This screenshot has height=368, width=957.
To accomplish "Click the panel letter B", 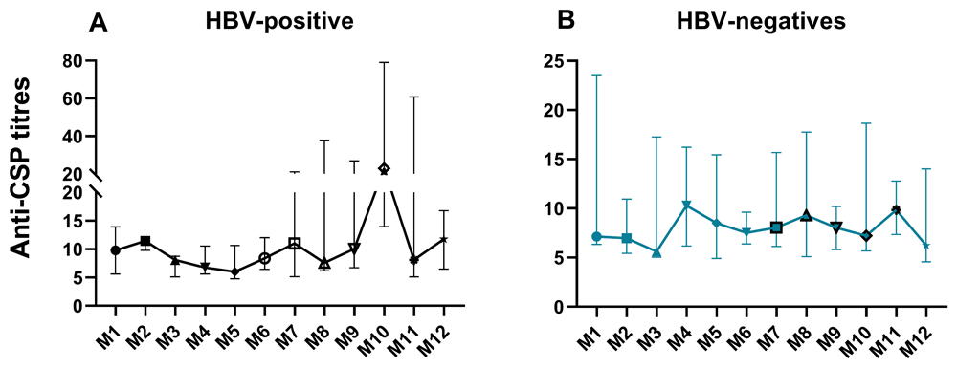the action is (568, 24).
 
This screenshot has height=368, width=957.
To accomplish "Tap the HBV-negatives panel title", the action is (761, 22).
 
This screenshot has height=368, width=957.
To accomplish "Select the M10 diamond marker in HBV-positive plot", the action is (384, 169).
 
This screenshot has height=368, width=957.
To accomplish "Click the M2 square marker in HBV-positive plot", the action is (145, 241).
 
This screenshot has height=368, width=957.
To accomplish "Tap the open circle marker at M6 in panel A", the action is (264, 258).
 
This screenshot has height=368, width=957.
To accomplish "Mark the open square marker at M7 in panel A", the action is (294, 243).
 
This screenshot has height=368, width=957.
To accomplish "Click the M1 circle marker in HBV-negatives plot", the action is (596, 236).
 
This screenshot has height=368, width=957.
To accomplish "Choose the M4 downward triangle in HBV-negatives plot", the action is (686, 206).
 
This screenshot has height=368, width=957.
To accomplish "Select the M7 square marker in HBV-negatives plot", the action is (776, 227).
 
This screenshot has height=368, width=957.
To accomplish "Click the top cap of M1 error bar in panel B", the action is (596, 75).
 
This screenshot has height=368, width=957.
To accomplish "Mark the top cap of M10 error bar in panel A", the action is (384, 62).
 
